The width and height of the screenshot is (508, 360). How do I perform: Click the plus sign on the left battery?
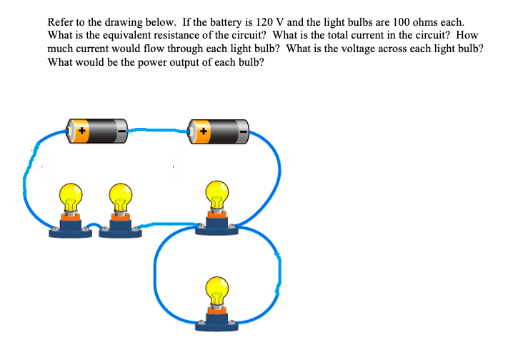click(81, 131)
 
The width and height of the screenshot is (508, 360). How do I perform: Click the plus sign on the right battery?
click(204, 131)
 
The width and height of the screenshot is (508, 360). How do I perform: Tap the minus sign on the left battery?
click(122, 131)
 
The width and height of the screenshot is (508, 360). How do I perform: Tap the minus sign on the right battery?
click(244, 131)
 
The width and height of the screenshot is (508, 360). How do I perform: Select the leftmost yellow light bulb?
click(71, 194)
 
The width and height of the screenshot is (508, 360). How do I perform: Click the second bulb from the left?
click(120, 194)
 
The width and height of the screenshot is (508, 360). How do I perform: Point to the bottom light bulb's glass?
click(217, 289)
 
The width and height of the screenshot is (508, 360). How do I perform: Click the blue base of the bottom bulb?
click(217, 325)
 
